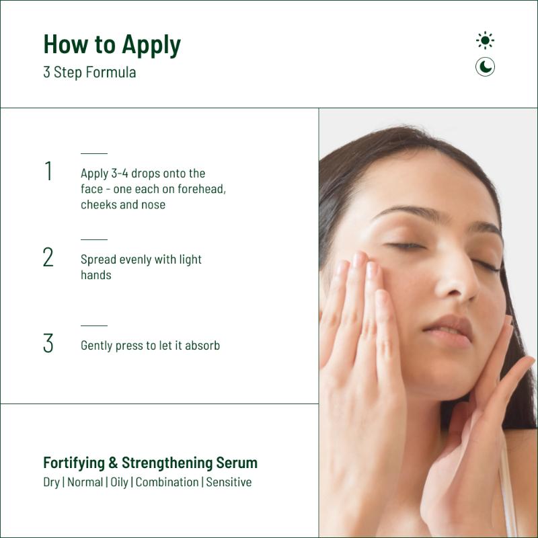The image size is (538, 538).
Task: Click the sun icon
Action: click(485, 40)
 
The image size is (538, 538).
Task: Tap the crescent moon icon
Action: click(485, 67)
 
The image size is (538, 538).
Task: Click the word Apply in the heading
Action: click(151, 45)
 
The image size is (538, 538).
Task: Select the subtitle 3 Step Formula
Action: click(89, 72)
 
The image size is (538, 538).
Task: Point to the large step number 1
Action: click(48, 171)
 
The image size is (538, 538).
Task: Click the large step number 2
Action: click(48, 257)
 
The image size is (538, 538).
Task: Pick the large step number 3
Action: click(48, 343)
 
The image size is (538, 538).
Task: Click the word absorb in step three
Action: click(202, 345)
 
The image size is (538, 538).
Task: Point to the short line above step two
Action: click(94, 239)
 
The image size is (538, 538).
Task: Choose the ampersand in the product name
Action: click(113, 463)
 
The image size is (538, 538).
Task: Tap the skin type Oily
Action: click(119, 482)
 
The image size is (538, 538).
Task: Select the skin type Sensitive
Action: click(229, 482)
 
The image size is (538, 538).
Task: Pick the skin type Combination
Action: click(167, 482)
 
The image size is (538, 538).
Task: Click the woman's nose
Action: click(457, 278)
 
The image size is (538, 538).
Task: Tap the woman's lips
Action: click(448, 331)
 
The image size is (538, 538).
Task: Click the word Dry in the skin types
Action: click(52, 482)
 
